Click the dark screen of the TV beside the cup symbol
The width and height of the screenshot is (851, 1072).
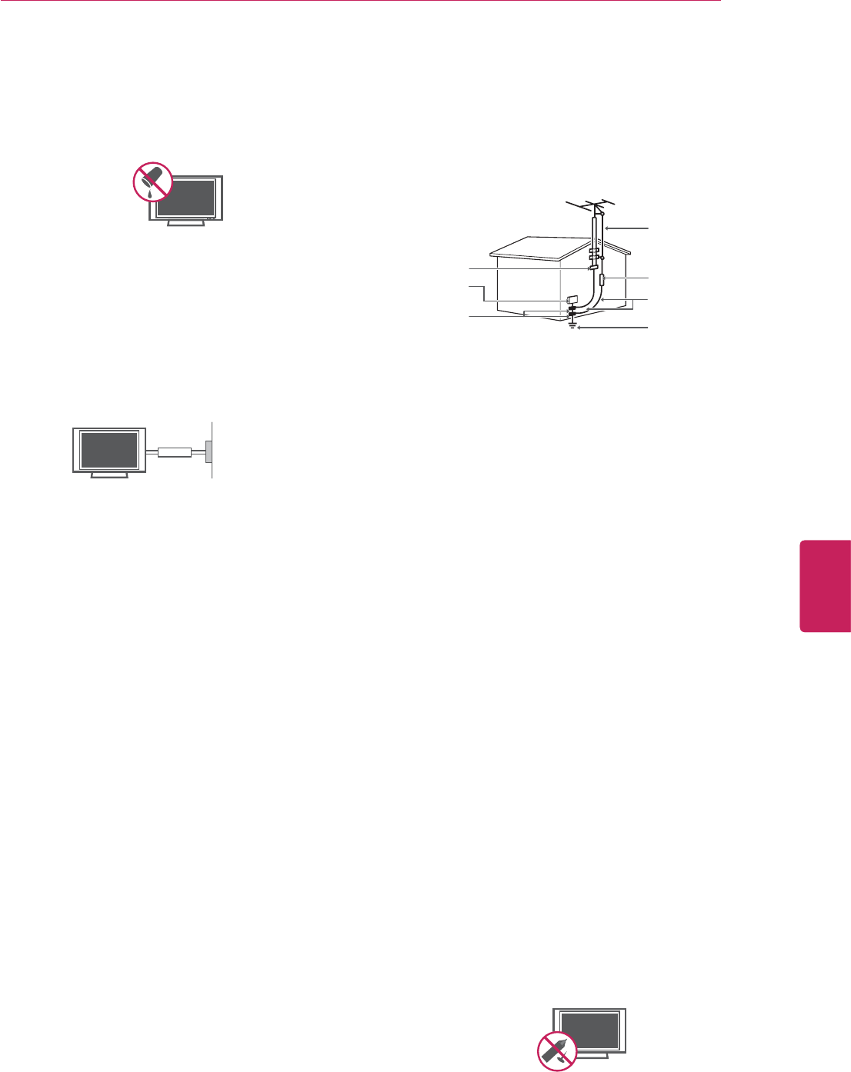click(189, 198)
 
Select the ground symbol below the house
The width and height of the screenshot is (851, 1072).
click(572, 325)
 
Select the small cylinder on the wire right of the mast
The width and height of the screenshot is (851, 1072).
click(602, 278)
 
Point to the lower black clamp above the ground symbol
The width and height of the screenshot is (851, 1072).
click(572, 315)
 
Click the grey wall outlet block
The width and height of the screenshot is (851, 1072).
click(208, 451)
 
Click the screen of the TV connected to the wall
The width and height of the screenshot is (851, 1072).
click(109, 449)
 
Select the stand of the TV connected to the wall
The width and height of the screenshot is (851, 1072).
click(109, 475)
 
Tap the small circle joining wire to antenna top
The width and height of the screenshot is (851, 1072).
click(602, 214)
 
